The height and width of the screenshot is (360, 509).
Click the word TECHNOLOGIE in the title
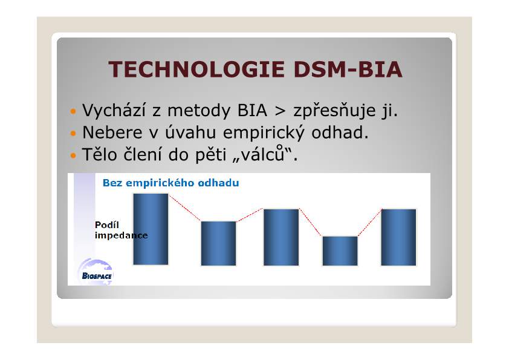pos(196,69)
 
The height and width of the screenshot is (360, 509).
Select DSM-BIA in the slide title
pos(348,69)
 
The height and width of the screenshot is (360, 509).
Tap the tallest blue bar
pos(151,229)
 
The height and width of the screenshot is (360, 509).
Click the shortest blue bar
pos(340,251)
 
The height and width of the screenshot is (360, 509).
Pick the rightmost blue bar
pos(398,237)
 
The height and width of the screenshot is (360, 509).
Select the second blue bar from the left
pos(218,243)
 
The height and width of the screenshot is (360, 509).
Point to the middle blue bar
pos(281,237)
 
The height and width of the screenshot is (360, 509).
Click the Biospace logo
pos(96,272)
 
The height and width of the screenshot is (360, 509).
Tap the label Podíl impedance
pos(121,230)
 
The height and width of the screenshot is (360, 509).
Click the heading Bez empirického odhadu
pos(170,183)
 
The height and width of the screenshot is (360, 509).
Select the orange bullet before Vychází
pos(73,111)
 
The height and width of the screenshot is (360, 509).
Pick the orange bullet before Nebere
pos(73,133)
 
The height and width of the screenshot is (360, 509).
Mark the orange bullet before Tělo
pos(73,155)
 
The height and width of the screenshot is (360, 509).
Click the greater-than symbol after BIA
pos(280,111)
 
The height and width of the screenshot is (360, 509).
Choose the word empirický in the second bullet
pos(264,133)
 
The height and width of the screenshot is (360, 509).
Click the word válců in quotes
pos(263,154)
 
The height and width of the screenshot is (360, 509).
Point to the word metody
pos(199,111)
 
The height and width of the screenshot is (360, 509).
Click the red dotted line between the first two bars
pos(185,208)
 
